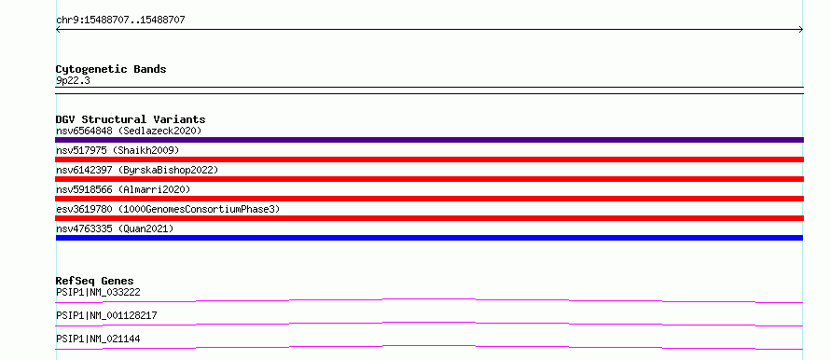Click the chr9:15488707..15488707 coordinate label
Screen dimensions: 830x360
[x=120, y=21]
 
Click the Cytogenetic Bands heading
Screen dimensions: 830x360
[x=111, y=69]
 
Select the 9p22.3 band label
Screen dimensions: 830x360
[x=73, y=80]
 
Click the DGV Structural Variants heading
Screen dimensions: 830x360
[x=131, y=119]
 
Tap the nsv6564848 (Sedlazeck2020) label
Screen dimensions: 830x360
[x=129, y=131]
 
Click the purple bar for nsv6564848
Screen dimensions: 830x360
[x=429, y=140]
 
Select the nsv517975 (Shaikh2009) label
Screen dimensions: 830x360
[x=118, y=151]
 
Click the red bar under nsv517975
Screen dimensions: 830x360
[x=429, y=159]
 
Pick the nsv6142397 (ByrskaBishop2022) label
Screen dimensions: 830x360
[x=137, y=170]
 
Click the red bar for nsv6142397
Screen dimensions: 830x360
[x=429, y=179]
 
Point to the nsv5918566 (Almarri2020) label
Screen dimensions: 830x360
[x=123, y=189]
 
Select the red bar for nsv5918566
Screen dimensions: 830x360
[x=429, y=199]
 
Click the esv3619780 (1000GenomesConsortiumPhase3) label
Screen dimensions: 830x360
[x=168, y=209]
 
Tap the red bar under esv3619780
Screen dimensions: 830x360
[x=429, y=218]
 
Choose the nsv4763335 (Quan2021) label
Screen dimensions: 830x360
[x=115, y=228]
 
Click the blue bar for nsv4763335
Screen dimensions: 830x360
[x=429, y=238]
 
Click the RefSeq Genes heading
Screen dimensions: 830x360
[x=95, y=281]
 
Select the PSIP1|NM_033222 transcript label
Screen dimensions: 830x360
[x=98, y=292]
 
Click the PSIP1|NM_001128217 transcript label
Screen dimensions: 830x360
[x=106, y=315]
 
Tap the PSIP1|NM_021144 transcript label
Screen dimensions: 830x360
[x=98, y=339]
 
